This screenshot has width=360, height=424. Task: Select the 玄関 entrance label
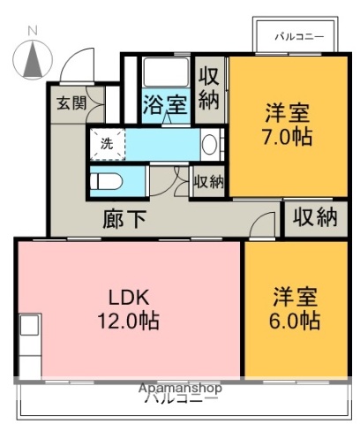(x=72, y=102)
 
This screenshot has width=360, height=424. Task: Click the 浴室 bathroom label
(x=165, y=105)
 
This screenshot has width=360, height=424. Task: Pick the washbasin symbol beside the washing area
(x=210, y=143)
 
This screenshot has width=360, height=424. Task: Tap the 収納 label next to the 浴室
(x=209, y=87)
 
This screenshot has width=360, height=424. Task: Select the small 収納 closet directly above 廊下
(x=208, y=182)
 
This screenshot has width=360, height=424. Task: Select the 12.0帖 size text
(x=128, y=322)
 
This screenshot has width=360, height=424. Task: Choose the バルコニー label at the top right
(x=298, y=36)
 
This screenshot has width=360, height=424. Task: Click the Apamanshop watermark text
(x=180, y=388)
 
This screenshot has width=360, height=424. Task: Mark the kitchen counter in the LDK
(x=29, y=345)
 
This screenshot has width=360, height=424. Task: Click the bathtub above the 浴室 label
(x=165, y=73)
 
